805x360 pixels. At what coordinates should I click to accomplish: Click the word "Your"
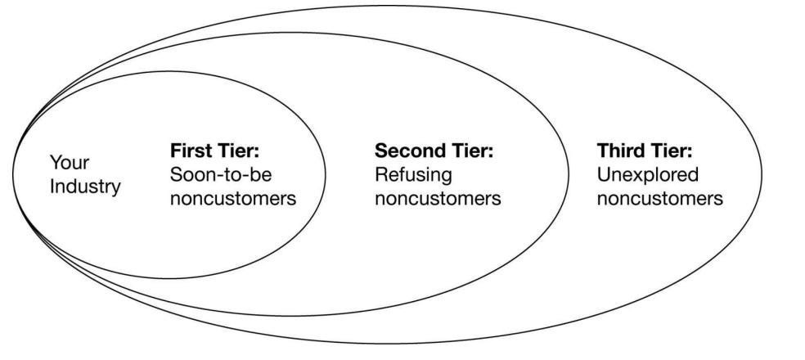(x=70, y=163)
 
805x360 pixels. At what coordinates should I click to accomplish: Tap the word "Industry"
(x=85, y=187)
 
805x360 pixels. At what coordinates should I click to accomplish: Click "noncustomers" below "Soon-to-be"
(x=232, y=199)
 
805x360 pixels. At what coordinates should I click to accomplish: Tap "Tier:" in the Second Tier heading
(x=472, y=151)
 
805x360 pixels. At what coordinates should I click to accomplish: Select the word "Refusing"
(x=413, y=175)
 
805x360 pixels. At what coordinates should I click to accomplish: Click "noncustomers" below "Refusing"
(x=438, y=199)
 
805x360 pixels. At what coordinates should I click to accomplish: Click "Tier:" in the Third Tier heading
(x=672, y=151)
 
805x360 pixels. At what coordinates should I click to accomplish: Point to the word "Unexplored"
(x=648, y=175)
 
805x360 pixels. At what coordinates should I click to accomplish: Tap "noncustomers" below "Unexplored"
(x=659, y=199)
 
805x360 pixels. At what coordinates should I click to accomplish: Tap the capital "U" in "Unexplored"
(x=604, y=175)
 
